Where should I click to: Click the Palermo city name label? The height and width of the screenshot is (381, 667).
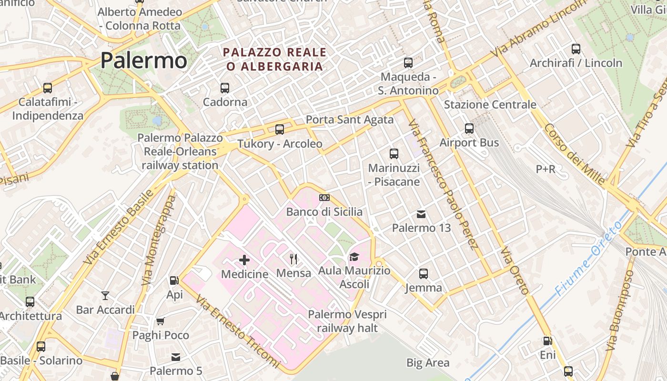click(x=144, y=60)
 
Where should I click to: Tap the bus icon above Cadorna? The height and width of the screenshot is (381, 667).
click(x=225, y=88)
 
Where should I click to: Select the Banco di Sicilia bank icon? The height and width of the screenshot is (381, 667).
click(x=324, y=198)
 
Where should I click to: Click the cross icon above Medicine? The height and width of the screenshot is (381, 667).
click(x=244, y=260)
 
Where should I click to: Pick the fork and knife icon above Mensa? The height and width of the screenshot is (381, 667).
click(x=293, y=259)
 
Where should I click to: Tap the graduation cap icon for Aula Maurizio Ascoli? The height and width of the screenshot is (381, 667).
click(x=354, y=257)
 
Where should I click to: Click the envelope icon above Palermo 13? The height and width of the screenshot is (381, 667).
click(x=421, y=214)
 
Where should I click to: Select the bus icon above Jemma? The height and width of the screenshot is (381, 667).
click(x=424, y=274)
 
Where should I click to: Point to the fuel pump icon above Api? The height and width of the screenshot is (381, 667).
click(x=174, y=281)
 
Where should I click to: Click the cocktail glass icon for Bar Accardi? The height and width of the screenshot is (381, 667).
click(x=105, y=296)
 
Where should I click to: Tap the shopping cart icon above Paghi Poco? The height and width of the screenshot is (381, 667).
click(x=161, y=321)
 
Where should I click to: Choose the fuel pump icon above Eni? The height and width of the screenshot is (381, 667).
click(x=548, y=341)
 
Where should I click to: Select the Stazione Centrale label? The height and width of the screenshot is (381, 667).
click(x=490, y=104)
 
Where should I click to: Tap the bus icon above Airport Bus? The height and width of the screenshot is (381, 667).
click(x=469, y=129)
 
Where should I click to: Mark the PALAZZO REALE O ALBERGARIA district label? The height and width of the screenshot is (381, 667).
click(x=275, y=59)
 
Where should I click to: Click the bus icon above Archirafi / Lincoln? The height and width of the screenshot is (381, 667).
click(x=576, y=49)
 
